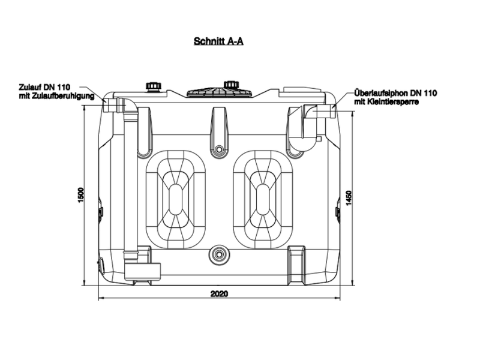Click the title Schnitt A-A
tap(218, 41)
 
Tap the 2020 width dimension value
tap(219, 294)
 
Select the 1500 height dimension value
tap(80, 194)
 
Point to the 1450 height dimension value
tap(349, 198)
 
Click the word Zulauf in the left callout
tap(29, 87)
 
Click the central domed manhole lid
tap(220, 92)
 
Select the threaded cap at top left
tap(153, 86)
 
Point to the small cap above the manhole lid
tap(230, 83)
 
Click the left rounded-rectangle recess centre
tap(175, 199)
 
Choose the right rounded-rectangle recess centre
tap(263, 199)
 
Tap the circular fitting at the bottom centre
tap(219, 254)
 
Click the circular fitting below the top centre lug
tap(219, 149)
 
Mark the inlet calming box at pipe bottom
tap(143, 271)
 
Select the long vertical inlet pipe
tap(131, 184)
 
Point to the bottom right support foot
tap(296, 265)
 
